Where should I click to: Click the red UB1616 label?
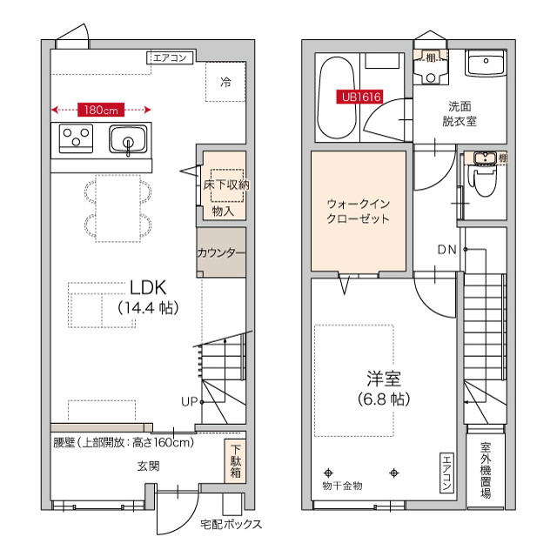point(360,97)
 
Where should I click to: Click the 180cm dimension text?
point(101,110)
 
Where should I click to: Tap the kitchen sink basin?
point(129,139)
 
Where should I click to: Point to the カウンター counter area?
point(221,253)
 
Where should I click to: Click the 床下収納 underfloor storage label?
point(226,185)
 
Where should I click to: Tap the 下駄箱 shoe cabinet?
point(236,461)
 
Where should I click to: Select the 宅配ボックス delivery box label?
point(231,525)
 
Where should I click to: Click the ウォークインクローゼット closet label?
point(358,211)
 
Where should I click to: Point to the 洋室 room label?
point(383,379)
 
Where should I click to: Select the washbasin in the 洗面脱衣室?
point(486,63)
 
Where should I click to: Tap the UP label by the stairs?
point(189,401)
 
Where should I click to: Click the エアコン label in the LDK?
point(170,58)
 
